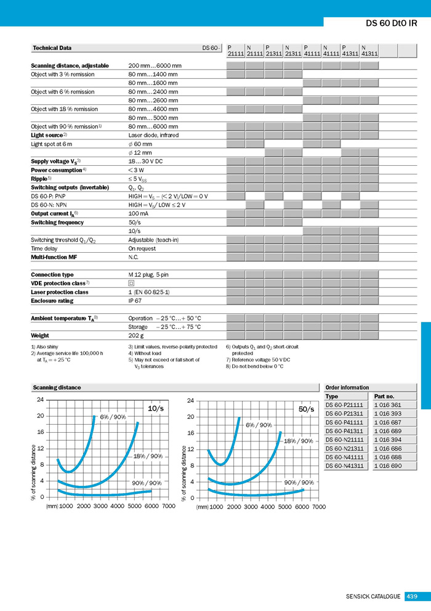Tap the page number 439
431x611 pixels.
(412, 596)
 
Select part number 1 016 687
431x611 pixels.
(387, 422)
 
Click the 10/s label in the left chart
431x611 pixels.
(156, 408)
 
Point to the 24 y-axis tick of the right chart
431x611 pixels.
(190, 401)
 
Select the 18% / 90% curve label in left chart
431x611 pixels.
(148, 456)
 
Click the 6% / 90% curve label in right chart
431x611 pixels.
(259, 425)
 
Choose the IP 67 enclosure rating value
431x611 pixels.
(135, 301)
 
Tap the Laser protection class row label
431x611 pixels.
(60, 292)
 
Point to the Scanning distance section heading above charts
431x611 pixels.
(57, 388)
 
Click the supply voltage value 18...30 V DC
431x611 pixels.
(145, 161)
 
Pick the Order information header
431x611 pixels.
(347, 387)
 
